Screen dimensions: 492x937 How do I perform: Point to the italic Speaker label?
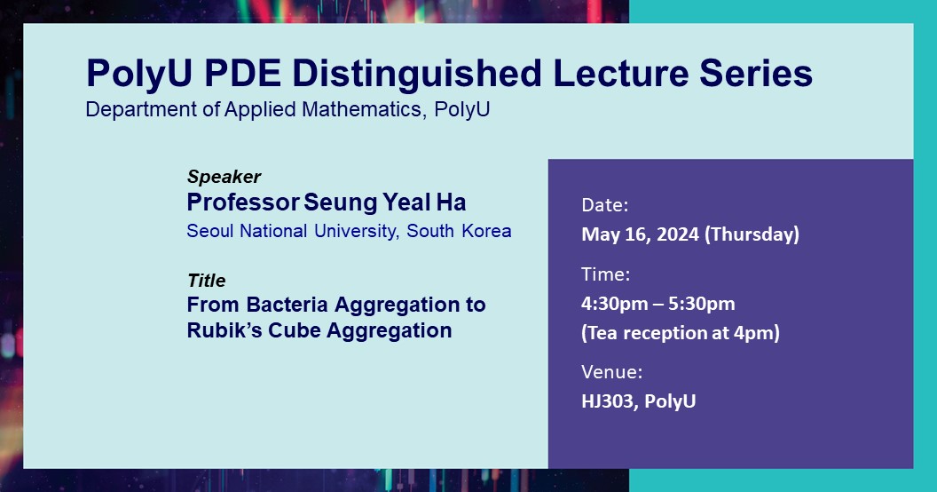click(224, 177)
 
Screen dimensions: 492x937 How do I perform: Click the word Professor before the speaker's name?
click(242, 202)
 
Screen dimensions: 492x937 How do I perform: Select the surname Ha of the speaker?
click(451, 202)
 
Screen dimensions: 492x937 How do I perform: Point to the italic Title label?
click(206, 280)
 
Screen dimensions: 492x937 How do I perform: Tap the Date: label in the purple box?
click(605, 206)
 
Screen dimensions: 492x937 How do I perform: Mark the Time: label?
click(605, 274)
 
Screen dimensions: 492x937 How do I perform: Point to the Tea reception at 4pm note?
click(681, 333)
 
